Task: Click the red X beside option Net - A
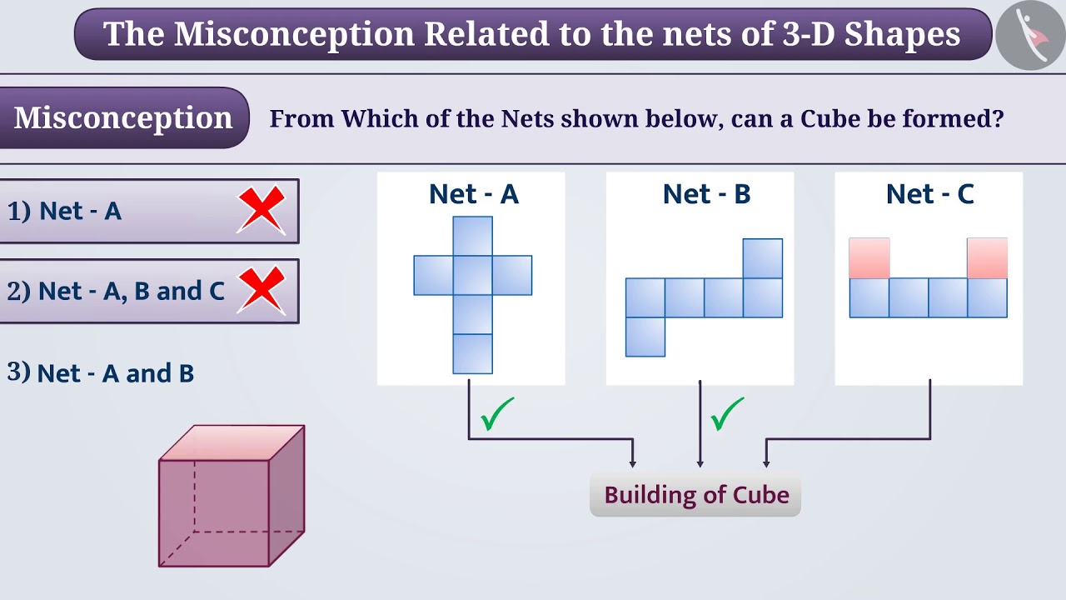261,210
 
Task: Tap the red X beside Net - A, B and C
262,291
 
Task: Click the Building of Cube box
695,495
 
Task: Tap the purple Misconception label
123,117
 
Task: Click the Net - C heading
929,194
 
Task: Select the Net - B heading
706,194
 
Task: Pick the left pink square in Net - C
869,258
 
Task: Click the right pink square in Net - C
987,258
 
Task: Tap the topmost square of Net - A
472,236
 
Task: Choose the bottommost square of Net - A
472,353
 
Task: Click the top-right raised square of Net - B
762,258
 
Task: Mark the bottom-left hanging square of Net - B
645,337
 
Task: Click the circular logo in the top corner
1030,35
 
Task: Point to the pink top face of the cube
232,442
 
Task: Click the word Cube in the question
830,118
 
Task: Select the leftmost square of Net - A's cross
433,275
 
